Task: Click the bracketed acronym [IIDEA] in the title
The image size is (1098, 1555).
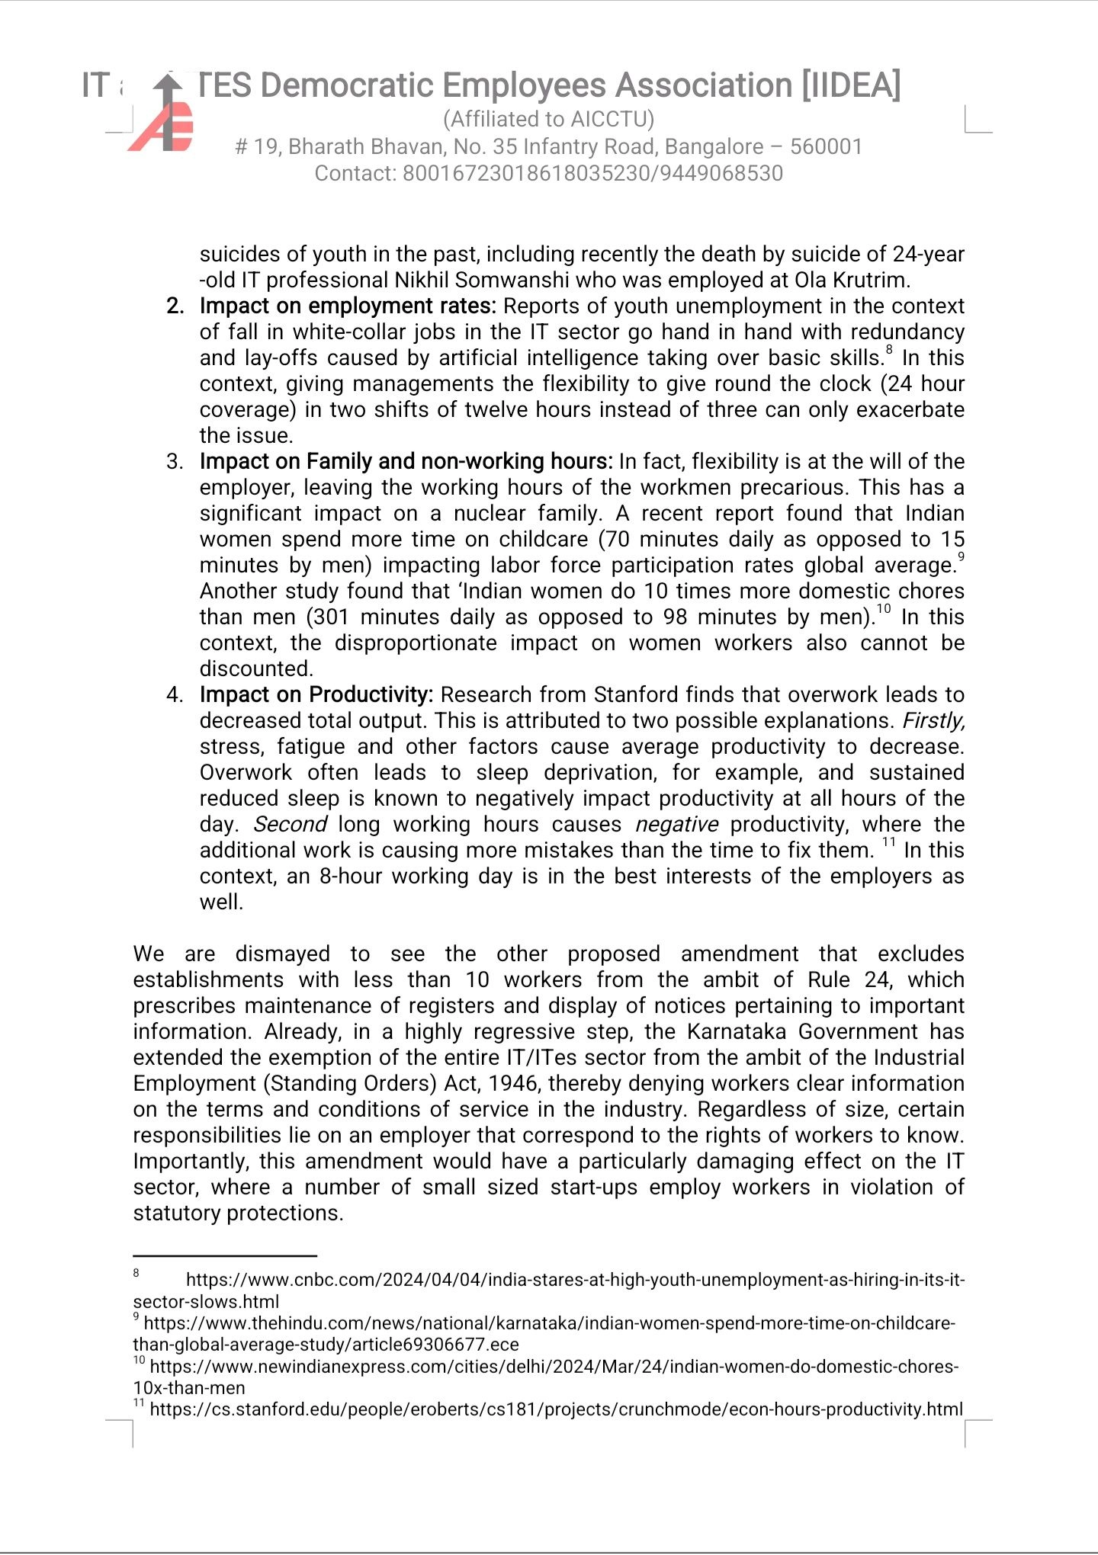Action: click(850, 85)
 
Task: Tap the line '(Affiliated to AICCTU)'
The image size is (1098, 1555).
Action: click(548, 119)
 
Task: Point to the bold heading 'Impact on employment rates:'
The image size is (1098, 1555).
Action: click(348, 306)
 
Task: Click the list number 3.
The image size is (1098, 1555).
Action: click(175, 461)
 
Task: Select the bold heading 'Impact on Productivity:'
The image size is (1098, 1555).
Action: click(316, 694)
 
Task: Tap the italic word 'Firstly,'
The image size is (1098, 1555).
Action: click(933, 720)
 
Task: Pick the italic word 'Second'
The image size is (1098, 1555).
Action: click(291, 824)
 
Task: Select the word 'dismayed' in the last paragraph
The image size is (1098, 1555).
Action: click(282, 954)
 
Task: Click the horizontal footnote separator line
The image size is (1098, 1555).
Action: click(225, 1255)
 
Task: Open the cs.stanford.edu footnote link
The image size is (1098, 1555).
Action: click(556, 1409)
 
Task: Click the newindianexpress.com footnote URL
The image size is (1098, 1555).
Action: click(554, 1367)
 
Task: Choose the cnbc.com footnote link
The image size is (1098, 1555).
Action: click(575, 1280)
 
